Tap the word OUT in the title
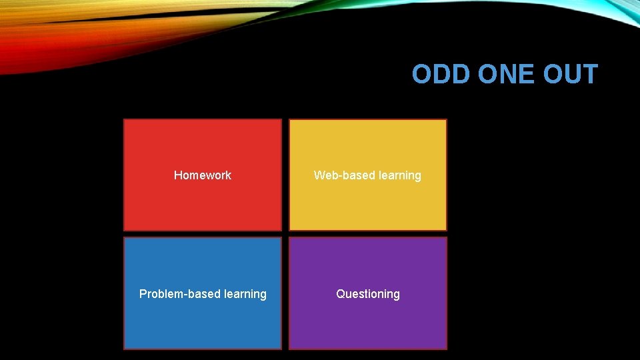pos(571,75)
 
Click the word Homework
pos(203,175)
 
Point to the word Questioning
pos(368,294)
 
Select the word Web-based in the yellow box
pos(341,175)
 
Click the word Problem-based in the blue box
pos(175,294)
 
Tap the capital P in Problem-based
pos(143,294)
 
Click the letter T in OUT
pos(589,75)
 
